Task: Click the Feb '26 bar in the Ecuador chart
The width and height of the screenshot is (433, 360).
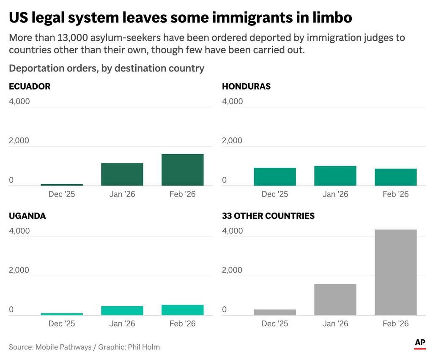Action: (x=182, y=170)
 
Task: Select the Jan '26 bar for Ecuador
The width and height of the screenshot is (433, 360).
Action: (x=122, y=175)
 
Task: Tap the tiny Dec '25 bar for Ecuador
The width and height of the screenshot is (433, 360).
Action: (x=62, y=185)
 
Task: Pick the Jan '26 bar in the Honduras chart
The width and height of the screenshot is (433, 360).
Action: (x=335, y=176)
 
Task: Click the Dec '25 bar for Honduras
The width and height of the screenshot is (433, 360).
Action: (x=275, y=177)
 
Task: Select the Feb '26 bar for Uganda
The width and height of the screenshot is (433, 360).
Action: (x=182, y=310)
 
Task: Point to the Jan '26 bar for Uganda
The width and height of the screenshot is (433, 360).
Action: (x=122, y=311)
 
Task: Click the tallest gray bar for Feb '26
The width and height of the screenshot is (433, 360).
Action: (x=395, y=273)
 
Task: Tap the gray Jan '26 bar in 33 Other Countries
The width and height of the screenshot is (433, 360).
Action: (x=335, y=300)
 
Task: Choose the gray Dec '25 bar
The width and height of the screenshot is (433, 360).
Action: (x=275, y=312)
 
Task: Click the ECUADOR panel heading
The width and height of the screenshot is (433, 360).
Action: (x=30, y=87)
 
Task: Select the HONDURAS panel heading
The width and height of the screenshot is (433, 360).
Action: (x=246, y=87)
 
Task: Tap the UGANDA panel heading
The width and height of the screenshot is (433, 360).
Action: (x=27, y=216)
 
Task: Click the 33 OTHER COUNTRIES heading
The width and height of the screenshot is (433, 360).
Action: (x=268, y=216)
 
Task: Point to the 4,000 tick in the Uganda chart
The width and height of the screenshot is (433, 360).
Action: (x=19, y=231)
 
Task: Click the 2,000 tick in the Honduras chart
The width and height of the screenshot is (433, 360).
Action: (x=232, y=141)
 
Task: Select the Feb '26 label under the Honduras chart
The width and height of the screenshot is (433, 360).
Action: (x=395, y=194)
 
